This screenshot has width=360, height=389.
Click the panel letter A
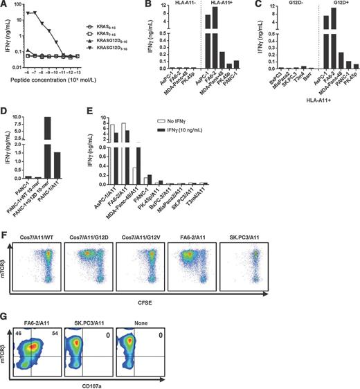tap(6, 6)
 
